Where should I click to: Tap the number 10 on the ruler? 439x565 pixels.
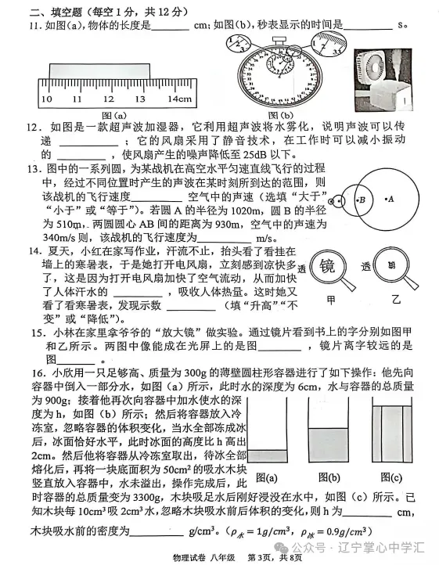[46, 99]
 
